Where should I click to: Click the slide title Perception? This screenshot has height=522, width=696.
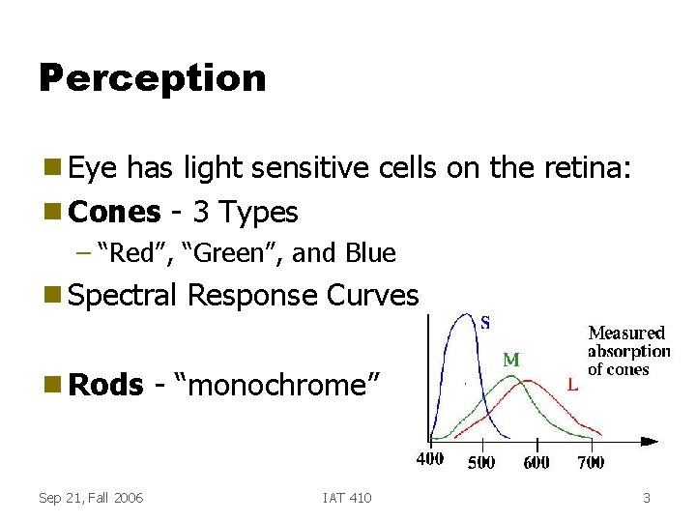[x=152, y=78]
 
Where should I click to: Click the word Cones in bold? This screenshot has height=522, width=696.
[x=115, y=211]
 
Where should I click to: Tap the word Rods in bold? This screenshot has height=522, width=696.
[x=106, y=385]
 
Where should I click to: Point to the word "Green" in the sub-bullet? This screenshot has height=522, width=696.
[x=227, y=253]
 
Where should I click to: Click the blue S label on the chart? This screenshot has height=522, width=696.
[x=485, y=323]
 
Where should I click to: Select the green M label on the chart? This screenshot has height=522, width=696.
[x=511, y=360]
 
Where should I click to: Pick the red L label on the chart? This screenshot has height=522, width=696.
[x=573, y=385]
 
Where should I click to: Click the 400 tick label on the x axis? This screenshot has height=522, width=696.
[x=430, y=460]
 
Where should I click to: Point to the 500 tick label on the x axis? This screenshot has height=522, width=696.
[x=481, y=462]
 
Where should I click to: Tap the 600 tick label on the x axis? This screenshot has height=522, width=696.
[x=536, y=462]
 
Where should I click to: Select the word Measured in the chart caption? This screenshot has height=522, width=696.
[x=627, y=333]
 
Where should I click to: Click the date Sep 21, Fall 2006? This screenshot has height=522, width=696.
[x=91, y=498]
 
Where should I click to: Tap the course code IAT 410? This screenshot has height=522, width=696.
[x=347, y=498]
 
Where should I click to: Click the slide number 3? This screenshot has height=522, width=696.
[x=647, y=498]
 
